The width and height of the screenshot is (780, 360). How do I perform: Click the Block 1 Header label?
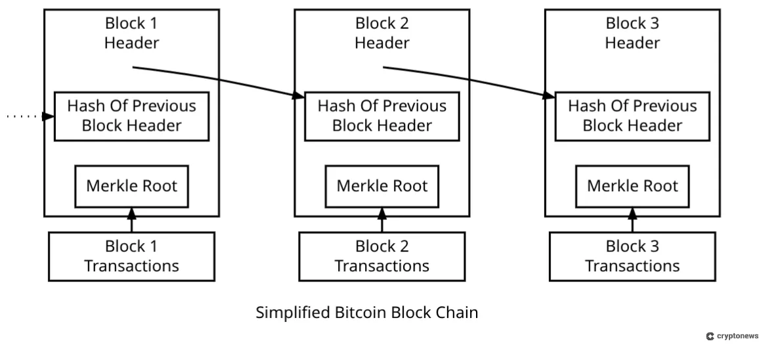pyautogui.click(x=131, y=34)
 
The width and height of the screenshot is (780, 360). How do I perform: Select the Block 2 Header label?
pyautogui.click(x=382, y=34)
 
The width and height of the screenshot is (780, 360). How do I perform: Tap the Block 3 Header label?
pyautogui.click(x=632, y=34)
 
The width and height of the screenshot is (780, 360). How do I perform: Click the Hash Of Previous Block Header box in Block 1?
pyautogui.click(x=131, y=116)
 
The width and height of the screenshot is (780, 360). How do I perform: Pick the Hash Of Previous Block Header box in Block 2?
pyautogui.click(x=382, y=116)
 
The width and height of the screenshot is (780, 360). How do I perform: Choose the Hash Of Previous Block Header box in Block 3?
pyautogui.click(x=632, y=116)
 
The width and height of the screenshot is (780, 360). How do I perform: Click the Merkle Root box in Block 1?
pyautogui.click(x=131, y=186)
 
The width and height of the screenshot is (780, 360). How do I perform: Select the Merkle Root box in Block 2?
pyautogui.click(x=382, y=186)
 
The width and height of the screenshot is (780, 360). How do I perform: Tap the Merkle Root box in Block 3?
pyautogui.click(x=632, y=186)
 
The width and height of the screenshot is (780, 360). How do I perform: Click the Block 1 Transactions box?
pyautogui.click(x=131, y=256)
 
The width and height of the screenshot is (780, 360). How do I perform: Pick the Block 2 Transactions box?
pyautogui.click(x=382, y=256)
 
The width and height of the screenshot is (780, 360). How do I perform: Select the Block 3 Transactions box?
pyautogui.click(x=632, y=256)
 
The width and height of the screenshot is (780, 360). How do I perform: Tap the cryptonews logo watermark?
pyautogui.click(x=732, y=336)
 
